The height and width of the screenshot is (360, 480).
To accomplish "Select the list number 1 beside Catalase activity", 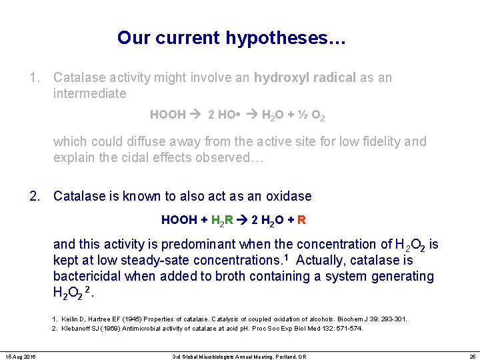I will click(33, 77).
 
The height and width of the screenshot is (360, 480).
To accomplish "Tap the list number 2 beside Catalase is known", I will click(33, 196).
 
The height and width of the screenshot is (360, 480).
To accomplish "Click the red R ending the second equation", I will click(302, 220).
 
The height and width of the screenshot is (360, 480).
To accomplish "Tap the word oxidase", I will click(289, 196).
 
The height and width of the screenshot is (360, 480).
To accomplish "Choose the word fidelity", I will click(386, 141).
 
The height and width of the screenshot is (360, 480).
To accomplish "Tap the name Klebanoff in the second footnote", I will click(79, 329).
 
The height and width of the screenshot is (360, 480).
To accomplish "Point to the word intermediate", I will click(89, 93).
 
